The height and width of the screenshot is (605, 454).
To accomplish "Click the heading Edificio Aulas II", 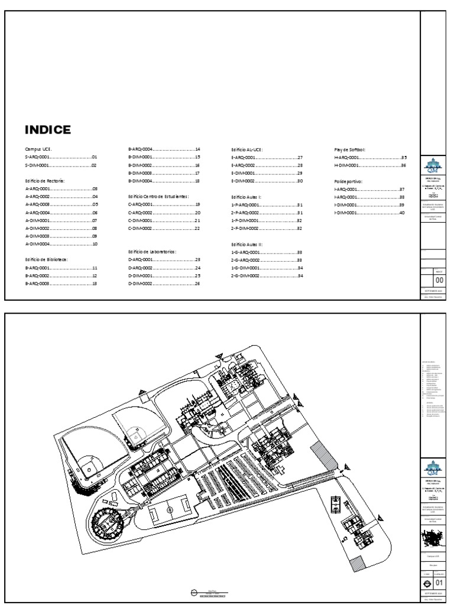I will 247,243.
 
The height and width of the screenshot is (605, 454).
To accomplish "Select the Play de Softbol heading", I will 350,150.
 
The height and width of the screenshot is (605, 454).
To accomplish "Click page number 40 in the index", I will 402,213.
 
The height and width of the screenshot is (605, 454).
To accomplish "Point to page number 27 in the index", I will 300,158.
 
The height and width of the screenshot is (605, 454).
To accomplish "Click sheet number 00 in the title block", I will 439,281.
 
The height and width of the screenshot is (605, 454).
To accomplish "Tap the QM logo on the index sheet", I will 430,166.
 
